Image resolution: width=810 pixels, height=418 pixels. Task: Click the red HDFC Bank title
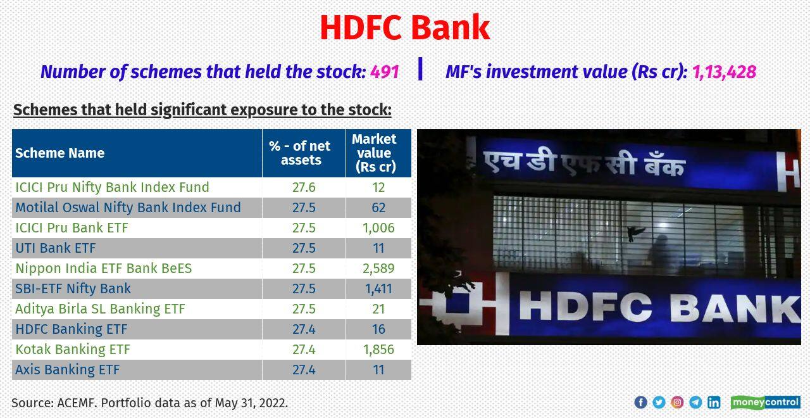click(404, 28)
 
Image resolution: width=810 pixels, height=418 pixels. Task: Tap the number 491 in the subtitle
click(384, 72)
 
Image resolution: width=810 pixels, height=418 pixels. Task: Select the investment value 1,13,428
click(724, 72)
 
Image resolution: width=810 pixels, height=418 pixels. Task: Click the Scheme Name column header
click(60, 153)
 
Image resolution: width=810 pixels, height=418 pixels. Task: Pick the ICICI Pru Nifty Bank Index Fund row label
click(112, 187)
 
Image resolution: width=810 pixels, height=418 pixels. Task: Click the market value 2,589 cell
click(378, 269)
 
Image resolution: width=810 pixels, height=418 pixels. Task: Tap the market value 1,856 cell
click(378, 350)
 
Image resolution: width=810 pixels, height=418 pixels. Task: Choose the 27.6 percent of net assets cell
click(304, 187)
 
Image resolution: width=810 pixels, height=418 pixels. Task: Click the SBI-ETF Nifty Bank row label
click(73, 289)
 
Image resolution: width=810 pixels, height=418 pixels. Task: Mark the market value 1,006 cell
click(378, 228)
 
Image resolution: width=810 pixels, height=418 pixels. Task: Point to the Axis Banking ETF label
click(68, 370)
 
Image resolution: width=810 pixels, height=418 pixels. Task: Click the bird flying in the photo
click(635, 233)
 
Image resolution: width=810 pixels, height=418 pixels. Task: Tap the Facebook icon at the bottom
click(640, 402)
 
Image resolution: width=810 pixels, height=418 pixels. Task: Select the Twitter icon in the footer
click(659, 402)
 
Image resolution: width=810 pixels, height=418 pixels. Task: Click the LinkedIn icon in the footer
click(714, 402)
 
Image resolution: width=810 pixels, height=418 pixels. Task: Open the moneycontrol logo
click(765, 402)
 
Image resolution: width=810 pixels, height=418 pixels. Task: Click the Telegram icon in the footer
click(695, 402)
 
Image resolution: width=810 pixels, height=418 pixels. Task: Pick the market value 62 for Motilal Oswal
click(378, 208)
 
